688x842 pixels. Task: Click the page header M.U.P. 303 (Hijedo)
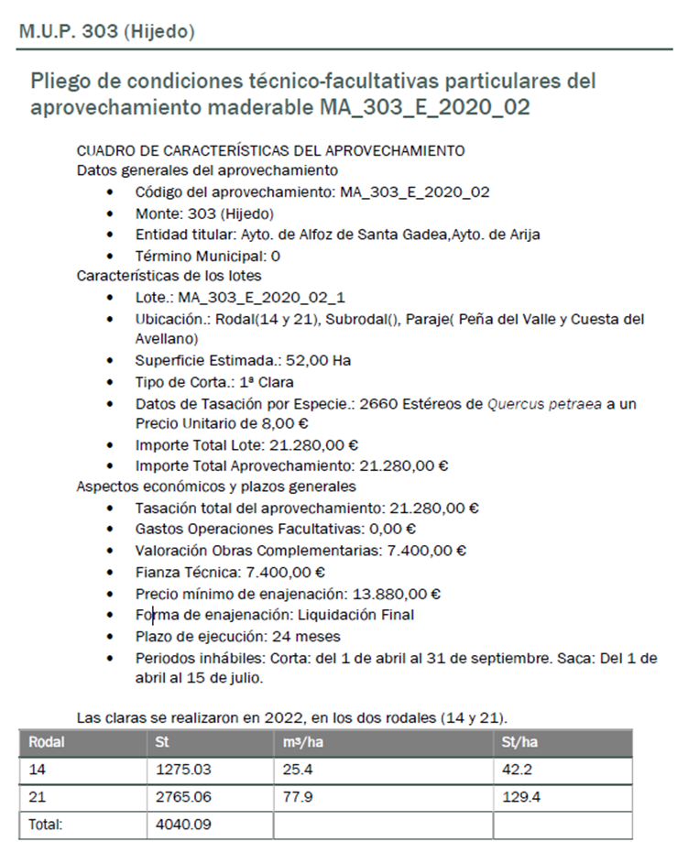click(107, 31)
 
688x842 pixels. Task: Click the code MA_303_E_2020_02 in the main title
click(425, 106)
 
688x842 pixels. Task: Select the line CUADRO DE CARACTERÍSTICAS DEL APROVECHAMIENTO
click(270, 150)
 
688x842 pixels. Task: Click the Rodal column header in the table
click(46, 743)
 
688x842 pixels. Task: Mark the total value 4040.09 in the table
click(183, 825)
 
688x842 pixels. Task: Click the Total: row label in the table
click(46, 825)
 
